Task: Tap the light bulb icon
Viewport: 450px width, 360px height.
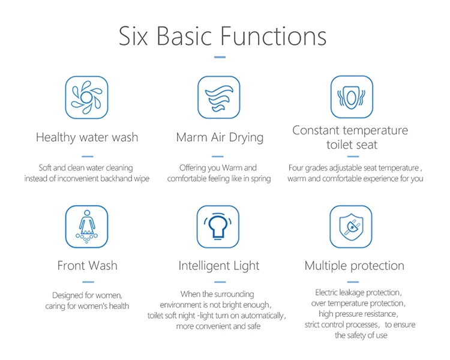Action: [219, 226]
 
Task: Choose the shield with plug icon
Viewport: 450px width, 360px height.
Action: [352, 226]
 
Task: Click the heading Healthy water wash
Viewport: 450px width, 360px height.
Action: [87, 137]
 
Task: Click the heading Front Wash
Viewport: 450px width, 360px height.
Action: [87, 265]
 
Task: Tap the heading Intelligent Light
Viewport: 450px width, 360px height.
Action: [219, 265]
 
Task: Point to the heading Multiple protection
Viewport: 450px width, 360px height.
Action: [354, 265]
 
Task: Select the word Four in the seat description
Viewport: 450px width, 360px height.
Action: [297, 168]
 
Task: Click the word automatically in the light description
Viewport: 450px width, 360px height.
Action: [262, 315]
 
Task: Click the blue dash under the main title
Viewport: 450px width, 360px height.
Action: [220, 58]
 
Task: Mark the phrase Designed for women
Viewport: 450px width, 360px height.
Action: [87, 295]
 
